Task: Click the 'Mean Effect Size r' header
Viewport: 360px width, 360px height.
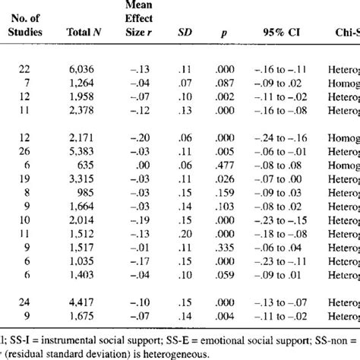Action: pyautogui.click(x=140, y=21)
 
